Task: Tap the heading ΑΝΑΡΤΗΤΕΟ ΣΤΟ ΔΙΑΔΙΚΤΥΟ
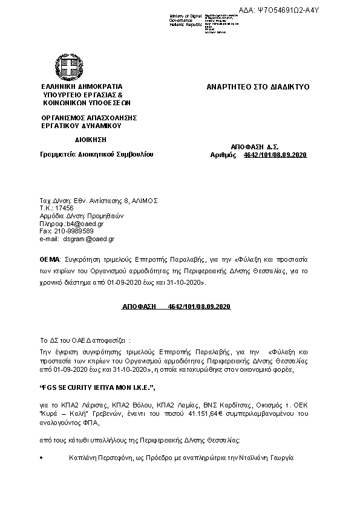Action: pyautogui.click(x=258, y=87)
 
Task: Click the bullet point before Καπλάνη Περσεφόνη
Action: pyautogui.click(x=41, y=459)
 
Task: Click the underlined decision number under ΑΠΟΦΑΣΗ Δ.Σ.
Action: pyautogui.click(x=275, y=155)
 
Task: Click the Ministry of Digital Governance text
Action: pyautogui.click(x=185, y=19)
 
